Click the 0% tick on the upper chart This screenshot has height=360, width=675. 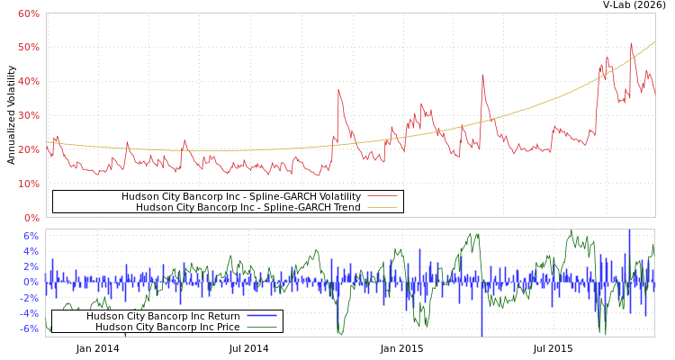tap(31, 218)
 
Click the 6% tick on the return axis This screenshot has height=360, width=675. tap(31, 236)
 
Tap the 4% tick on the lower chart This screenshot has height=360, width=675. tap(31, 251)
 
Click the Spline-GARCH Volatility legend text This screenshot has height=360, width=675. tap(241, 196)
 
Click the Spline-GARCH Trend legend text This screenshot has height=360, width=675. tap(247, 207)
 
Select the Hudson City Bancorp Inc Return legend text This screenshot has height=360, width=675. tap(163, 316)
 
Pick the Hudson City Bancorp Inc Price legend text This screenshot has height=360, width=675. tap(167, 327)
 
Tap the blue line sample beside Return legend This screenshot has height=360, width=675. tap(261, 316)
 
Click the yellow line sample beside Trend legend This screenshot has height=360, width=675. tap(382, 207)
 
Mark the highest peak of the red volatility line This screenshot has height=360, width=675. tap(631, 43)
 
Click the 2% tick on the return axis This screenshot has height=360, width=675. tap(31, 266)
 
